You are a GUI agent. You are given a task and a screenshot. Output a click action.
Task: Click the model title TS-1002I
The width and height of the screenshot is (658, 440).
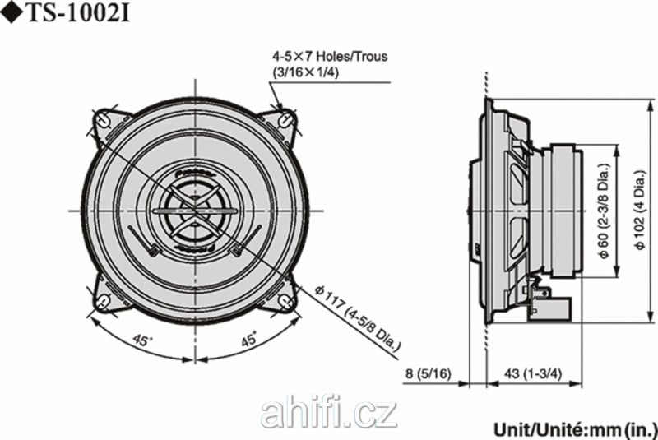tap(78, 13)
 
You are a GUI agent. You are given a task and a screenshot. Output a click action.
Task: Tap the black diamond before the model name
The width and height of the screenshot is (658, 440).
tap(12, 14)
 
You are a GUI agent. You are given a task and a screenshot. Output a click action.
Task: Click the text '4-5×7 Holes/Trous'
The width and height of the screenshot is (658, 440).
tap(330, 56)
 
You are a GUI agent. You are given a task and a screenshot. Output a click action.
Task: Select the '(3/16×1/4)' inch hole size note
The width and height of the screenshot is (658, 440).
tap(305, 72)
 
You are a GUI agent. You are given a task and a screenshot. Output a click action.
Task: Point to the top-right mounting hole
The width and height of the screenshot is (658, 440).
tap(286, 119)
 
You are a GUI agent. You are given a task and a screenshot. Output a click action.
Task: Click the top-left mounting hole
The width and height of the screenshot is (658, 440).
tap(102, 119)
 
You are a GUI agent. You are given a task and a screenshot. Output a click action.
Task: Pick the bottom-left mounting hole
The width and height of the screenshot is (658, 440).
tap(102, 301)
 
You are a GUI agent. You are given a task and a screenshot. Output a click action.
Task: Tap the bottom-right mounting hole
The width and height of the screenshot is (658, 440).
tap(286, 301)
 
